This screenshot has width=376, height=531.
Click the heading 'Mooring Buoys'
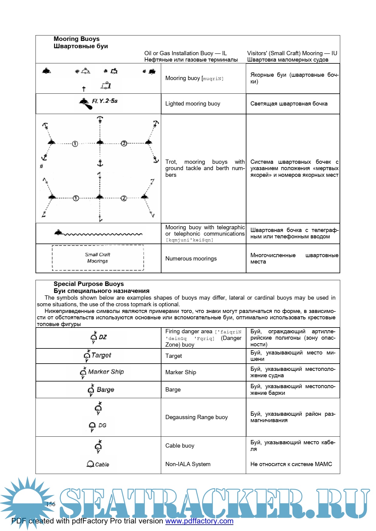click(x=76, y=39)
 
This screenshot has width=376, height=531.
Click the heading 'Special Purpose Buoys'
click(x=89, y=284)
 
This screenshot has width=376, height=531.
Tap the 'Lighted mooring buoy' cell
click(x=193, y=104)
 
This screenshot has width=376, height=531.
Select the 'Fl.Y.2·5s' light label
click(x=105, y=101)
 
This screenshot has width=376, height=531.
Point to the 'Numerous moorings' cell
click(x=191, y=259)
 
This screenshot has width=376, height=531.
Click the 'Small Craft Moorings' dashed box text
click(x=97, y=258)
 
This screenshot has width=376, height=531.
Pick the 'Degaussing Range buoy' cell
click(x=196, y=417)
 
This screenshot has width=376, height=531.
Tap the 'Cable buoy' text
click(x=180, y=446)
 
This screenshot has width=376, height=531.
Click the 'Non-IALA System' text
click(x=188, y=464)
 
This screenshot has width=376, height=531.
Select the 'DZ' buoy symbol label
click(x=103, y=337)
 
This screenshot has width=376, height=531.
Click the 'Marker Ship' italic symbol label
click(x=106, y=372)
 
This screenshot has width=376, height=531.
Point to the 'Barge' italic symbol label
click(x=105, y=390)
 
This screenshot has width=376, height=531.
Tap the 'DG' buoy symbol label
click(x=102, y=425)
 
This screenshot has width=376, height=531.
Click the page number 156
click(x=51, y=504)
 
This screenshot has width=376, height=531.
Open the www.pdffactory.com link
click(x=199, y=521)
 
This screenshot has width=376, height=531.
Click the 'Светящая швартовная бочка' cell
click(x=289, y=104)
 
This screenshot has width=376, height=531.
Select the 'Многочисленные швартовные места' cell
click(x=294, y=258)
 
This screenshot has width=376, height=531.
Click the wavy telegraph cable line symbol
click(x=103, y=234)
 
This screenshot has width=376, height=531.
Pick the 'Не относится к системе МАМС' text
click(x=291, y=464)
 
